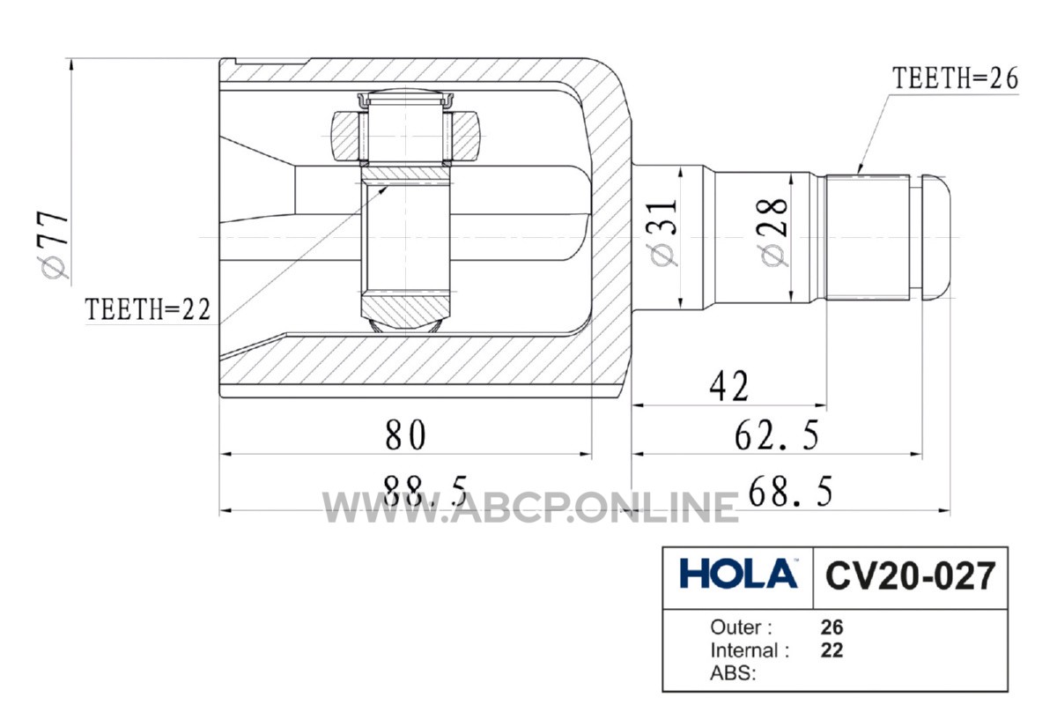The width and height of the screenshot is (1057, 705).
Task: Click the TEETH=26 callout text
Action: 955,78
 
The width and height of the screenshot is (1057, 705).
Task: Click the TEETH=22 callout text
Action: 148,310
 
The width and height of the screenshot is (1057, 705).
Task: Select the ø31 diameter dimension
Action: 663,233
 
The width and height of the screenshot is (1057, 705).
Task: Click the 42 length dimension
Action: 729,386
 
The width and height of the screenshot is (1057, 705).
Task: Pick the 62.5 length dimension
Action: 777,435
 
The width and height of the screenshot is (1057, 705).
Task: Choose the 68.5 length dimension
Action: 790,491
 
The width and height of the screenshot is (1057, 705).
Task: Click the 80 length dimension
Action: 405,435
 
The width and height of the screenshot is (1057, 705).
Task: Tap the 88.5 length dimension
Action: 425,490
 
